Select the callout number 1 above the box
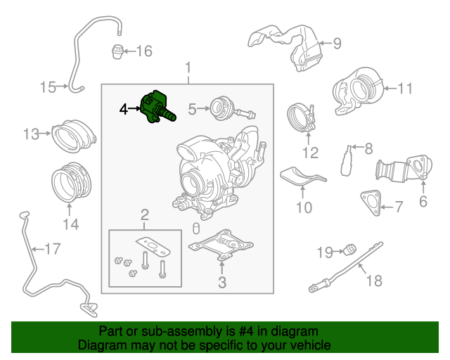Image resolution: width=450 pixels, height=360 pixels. click(188, 68)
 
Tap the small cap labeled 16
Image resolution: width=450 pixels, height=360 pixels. click(118, 51)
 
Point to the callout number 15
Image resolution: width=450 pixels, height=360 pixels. click(48, 87)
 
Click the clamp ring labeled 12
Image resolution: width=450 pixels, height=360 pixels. click(301, 117)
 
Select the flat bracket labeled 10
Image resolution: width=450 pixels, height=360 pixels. click(302, 179)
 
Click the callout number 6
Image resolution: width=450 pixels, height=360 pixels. click(423, 202)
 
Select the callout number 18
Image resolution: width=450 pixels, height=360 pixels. click(374, 281)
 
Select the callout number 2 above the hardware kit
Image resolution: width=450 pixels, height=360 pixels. click(145, 214)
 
